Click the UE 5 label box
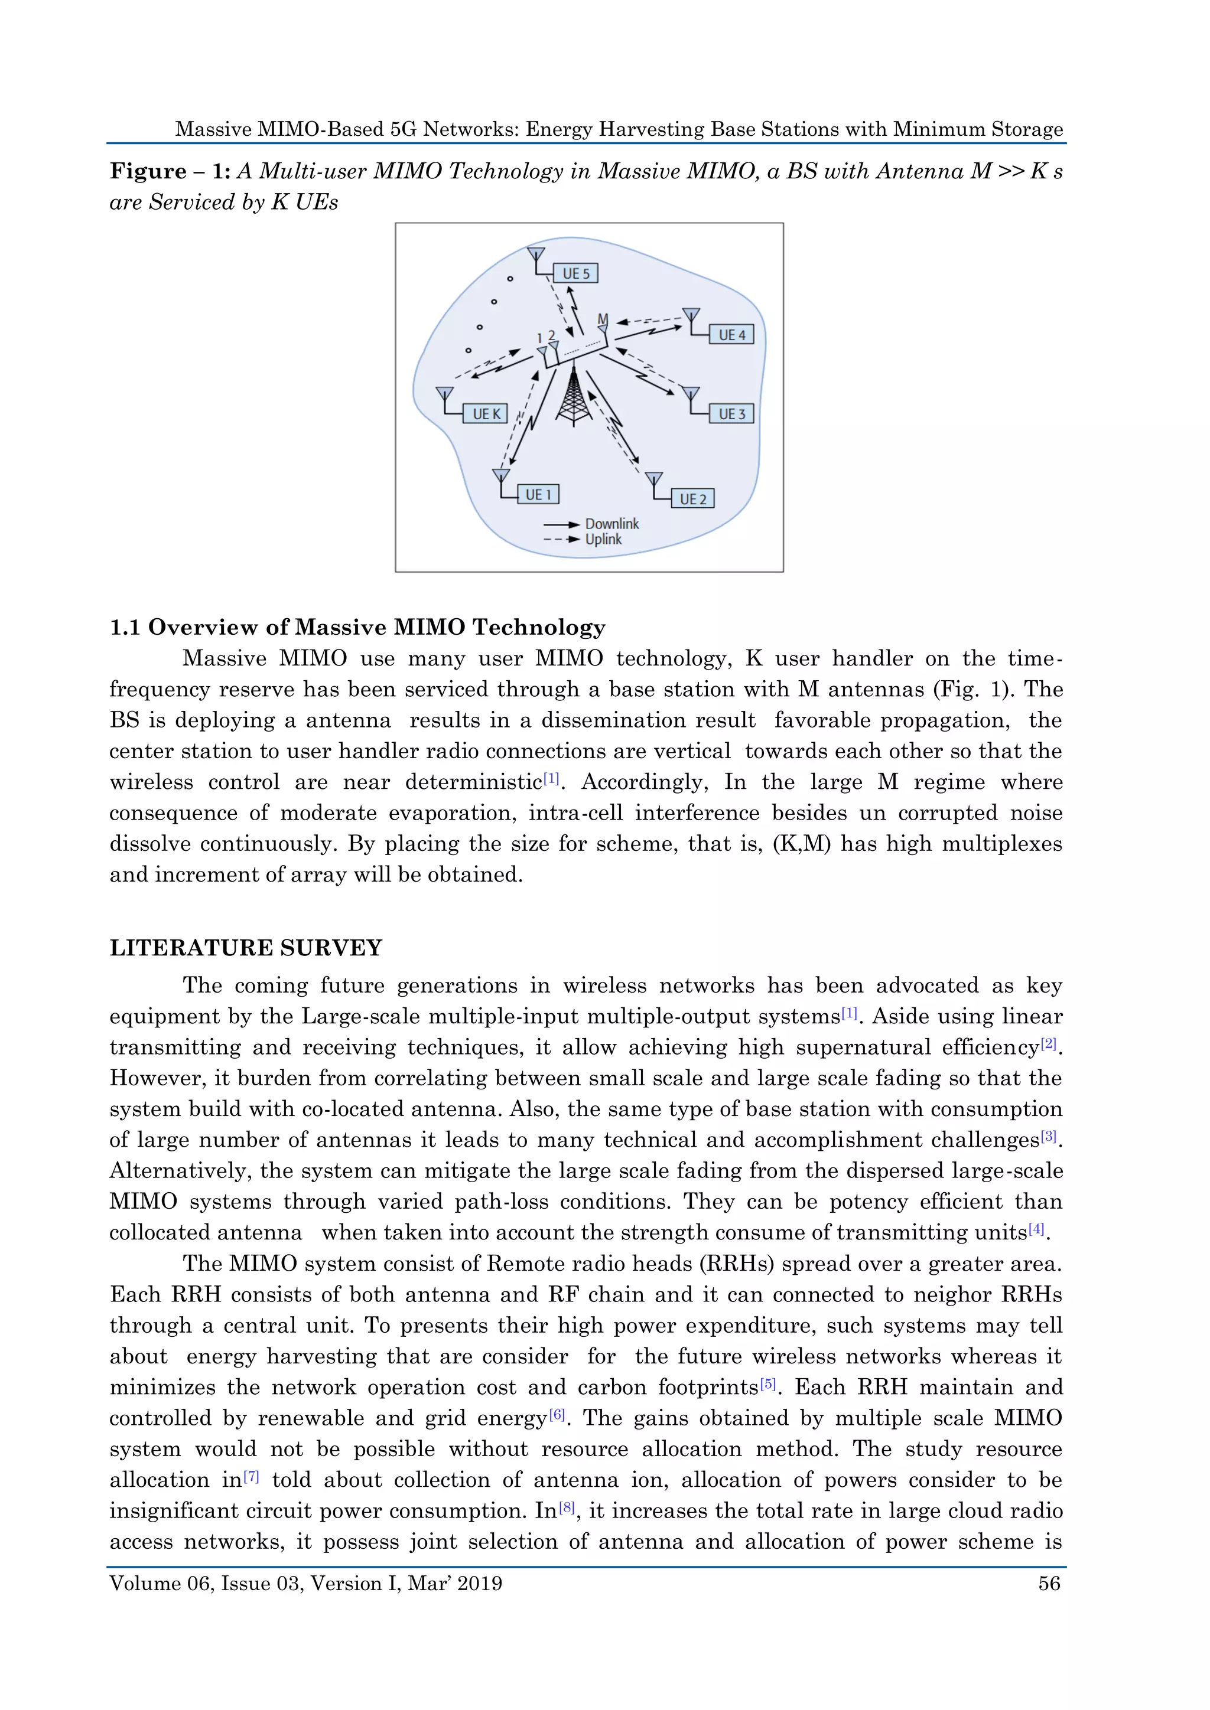[576, 273]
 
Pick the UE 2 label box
[693, 499]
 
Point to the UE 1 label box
[538, 495]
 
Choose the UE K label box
[486, 414]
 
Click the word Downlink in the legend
[611, 524]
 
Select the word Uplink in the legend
[603, 539]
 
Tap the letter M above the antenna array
[603, 319]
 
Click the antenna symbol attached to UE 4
[691, 317]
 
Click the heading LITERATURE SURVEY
[246, 948]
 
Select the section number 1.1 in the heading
[125, 627]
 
